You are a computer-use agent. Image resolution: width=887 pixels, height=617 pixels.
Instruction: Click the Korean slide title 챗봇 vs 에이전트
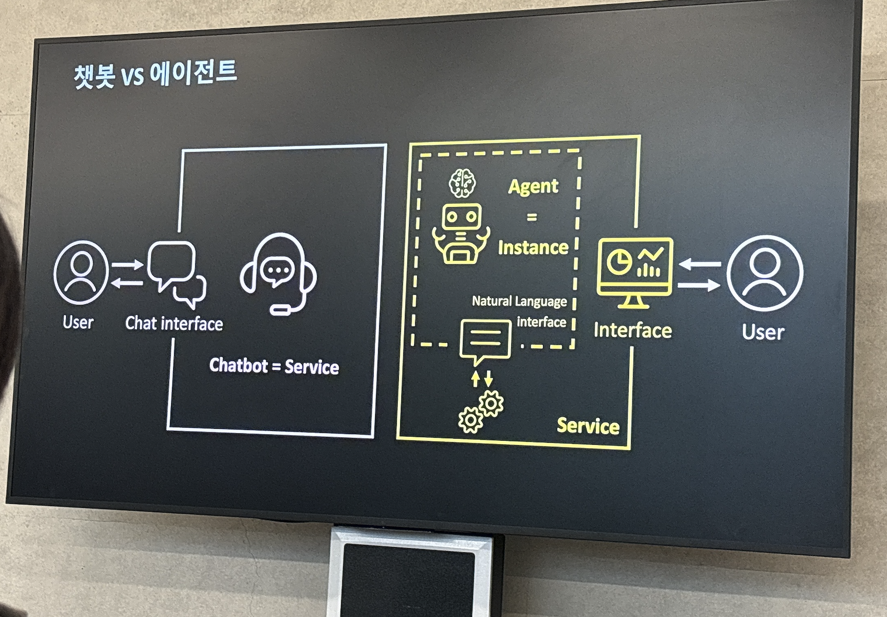point(155,74)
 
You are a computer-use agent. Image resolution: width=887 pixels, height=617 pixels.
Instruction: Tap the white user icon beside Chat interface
point(81,273)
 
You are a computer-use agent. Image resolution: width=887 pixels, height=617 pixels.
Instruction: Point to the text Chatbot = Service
point(274,366)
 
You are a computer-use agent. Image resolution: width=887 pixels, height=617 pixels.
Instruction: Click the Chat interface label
point(174,323)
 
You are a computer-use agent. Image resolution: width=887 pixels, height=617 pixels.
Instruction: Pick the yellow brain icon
point(463,183)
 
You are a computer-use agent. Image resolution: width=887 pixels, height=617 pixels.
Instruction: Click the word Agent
point(533,187)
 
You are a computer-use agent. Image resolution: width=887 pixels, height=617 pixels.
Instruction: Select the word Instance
point(533,248)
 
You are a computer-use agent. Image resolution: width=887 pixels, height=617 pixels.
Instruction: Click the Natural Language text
point(520,301)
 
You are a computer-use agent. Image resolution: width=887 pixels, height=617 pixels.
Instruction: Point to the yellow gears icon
point(481,411)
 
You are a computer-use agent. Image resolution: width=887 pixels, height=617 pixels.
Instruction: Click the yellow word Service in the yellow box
point(588,426)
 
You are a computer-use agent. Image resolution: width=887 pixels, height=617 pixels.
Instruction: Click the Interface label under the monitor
point(633,331)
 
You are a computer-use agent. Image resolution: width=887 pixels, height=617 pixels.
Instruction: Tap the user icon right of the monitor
point(765,273)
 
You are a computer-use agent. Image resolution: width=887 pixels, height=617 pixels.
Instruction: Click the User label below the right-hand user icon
point(763,333)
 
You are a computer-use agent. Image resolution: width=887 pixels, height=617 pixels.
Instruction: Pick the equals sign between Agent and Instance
point(532,217)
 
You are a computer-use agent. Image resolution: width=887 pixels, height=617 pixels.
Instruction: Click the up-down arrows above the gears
point(482,378)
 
